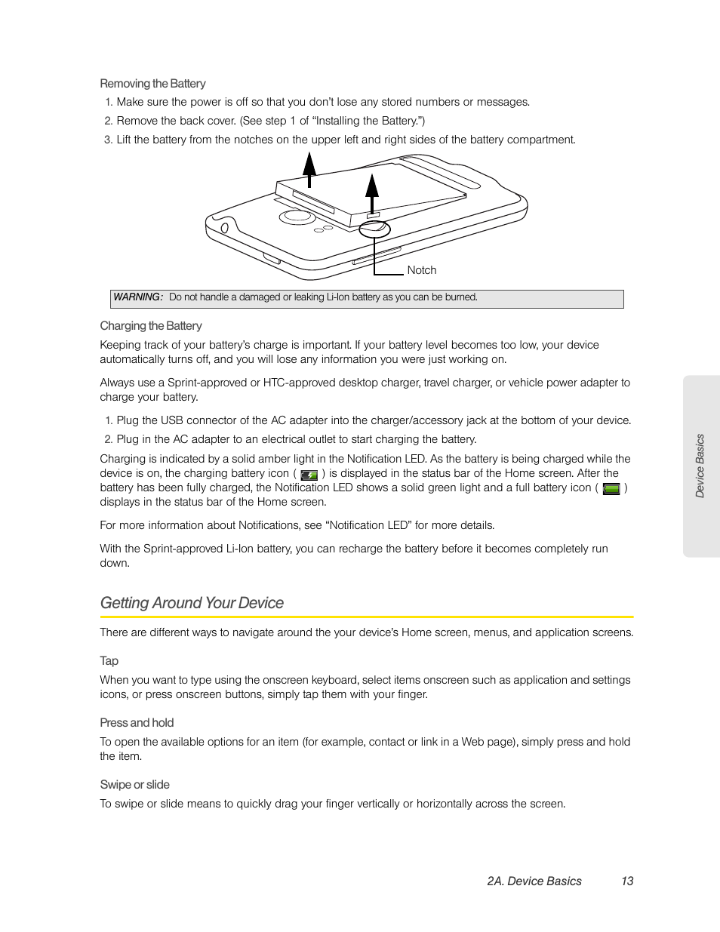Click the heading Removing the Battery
pyautogui.click(x=152, y=84)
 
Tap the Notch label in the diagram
pyautogui.click(x=421, y=270)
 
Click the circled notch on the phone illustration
pyautogui.click(x=374, y=229)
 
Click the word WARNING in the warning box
pyautogui.click(x=137, y=297)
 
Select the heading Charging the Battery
pyautogui.click(x=151, y=326)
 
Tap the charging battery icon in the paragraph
pyautogui.click(x=309, y=475)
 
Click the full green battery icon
pyautogui.click(x=611, y=489)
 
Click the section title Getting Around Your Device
pyautogui.click(x=192, y=603)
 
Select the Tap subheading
pyautogui.click(x=109, y=661)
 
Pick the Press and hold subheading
pyautogui.click(x=137, y=723)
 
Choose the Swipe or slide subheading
pyautogui.click(x=134, y=785)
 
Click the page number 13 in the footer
pyautogui.click(x=627, y=881)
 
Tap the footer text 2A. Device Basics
pyautogui.click(x=534, y=881)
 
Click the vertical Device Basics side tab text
pyautogui.click(x=700, y=466)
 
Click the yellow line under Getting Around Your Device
pyautogui.click(x=367, y=617)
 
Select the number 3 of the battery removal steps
pyautogui.click(x=108, y=140)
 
